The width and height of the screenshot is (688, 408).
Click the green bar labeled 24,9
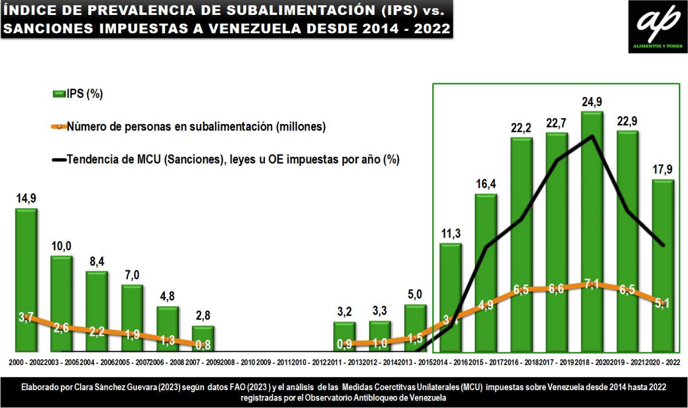pyautogui.click(x=592, y=230)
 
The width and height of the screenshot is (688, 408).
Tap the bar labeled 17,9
pyautogui.click(x=663, y=264)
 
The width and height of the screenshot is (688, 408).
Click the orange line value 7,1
pyautogui.click(x=592, y=285)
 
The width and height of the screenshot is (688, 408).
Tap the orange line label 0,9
pyautogui.click(x=345, y=344)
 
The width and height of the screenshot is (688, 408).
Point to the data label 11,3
pyautogui.click(x=450, y=234)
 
